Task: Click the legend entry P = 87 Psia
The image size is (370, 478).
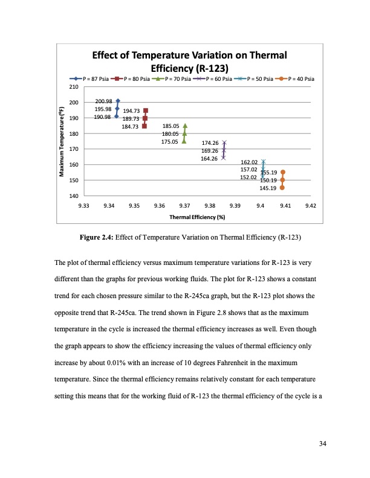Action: coord(91,79)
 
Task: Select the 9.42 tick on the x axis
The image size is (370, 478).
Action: coord(310,206)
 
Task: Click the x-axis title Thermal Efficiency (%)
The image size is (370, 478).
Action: coord(197,216)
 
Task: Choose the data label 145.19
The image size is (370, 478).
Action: coord(268,188)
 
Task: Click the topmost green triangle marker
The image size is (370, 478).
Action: coord(184,126)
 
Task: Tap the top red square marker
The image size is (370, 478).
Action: coord(145,111)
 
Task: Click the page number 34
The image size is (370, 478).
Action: coord(323,444)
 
